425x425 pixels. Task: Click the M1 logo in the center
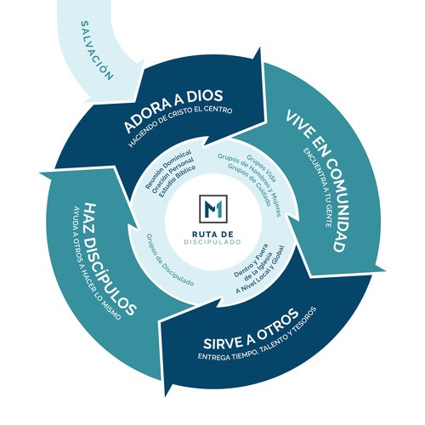(x=213, y=209)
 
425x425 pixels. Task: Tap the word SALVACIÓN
(x=97, y=50)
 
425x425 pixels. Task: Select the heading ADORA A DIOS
(x=173, y=110)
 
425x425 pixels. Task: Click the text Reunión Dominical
(x=167, y=169)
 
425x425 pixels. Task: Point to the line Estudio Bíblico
(x=177, y=181)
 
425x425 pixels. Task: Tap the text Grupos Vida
(x=261, y=168)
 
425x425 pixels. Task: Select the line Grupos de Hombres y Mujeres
(x=249, y=184)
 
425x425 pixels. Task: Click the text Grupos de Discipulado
(x=170, y=259)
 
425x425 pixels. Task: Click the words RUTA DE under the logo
(x=212, y=234)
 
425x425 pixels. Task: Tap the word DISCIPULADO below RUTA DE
(x=212, y=242)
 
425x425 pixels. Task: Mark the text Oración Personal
(x=173, y=175)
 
